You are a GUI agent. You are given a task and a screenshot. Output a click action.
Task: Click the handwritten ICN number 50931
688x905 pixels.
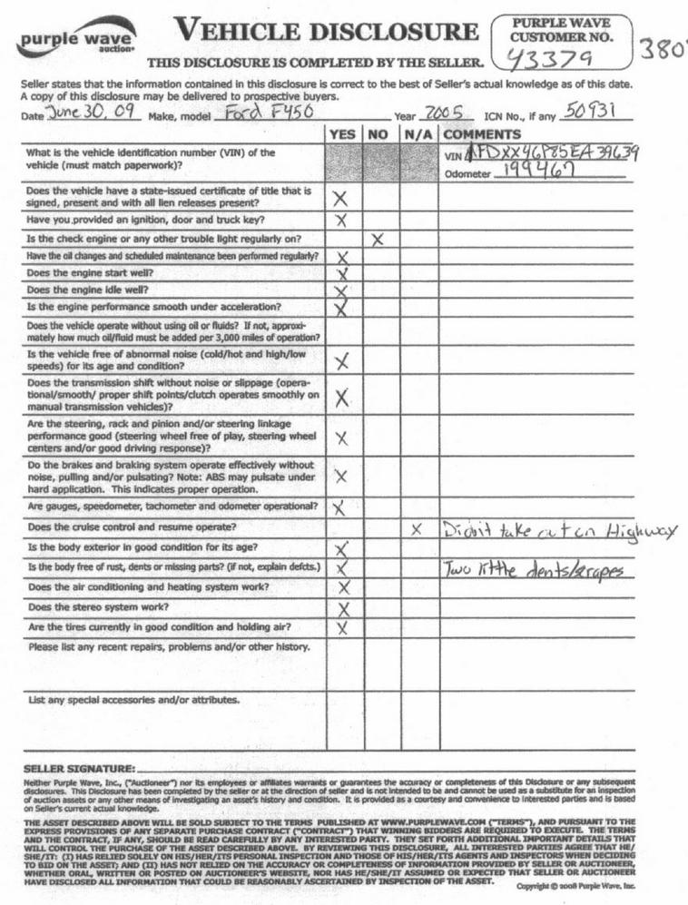click(592, 112)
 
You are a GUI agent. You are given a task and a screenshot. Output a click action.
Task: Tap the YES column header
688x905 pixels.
click(342, 133)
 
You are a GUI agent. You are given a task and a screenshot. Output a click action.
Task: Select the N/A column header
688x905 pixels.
click(417, 133)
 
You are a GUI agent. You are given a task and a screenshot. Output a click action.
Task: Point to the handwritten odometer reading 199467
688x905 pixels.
click(545, 172)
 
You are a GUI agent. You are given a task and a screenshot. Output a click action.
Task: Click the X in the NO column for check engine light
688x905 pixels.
click(379, 240)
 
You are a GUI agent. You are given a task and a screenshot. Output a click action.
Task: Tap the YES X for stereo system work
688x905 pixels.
click(343, 607)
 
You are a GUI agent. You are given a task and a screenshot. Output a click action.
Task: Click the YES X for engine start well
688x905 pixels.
click(342, 274)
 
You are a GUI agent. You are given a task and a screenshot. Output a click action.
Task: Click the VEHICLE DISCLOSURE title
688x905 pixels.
click(328, 32)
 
